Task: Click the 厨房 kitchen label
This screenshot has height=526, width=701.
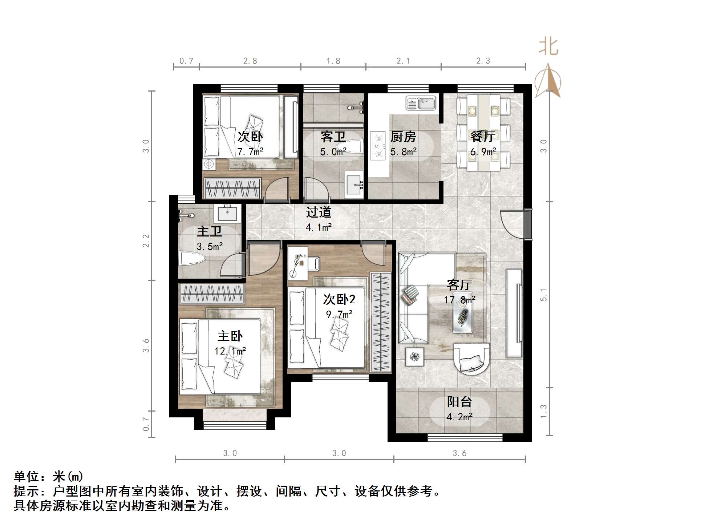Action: (403, 137)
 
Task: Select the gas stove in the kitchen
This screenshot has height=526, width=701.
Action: (377, 146)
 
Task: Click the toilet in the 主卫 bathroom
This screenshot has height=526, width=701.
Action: (193, 259)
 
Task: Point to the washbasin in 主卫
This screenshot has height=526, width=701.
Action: (227, 214)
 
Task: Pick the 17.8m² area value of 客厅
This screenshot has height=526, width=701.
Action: (459, 300)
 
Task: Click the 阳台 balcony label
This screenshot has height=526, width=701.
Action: (459, 402)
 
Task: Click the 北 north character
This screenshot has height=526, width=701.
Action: (548, 47)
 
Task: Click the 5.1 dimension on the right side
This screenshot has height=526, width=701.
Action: (543, 295)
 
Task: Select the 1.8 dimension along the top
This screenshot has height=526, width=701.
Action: (333, 61)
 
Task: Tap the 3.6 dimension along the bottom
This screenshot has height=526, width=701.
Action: (459, 453)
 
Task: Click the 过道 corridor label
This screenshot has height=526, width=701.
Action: (319, 212)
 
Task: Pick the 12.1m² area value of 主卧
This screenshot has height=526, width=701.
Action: (230, 351)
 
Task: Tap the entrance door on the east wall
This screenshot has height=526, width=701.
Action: (516, 224)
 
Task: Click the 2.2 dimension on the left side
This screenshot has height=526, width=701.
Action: (146, 241)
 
